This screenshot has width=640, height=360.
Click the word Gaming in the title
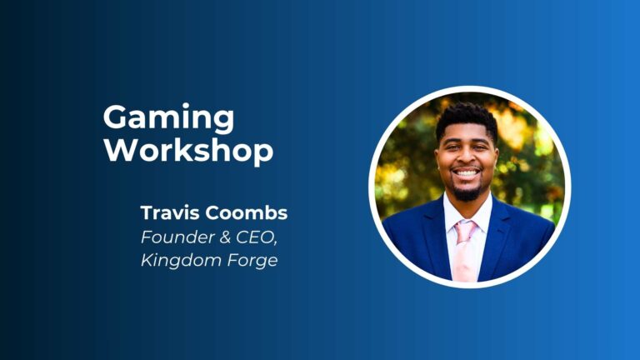point(168,118)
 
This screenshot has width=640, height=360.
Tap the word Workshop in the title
point(188,151)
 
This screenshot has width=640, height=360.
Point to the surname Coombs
point(246,212)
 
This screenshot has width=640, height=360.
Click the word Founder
point(177,237)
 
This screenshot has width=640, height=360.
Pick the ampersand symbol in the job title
point(225,237)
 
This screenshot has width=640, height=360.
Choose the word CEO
point(254,237)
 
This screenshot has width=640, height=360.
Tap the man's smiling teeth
point(467,173)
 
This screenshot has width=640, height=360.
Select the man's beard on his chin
point(467,192)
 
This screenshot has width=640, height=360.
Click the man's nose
point(467,157)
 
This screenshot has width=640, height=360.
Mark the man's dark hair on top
point(467,117)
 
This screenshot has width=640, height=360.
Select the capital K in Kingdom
point(147,260)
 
